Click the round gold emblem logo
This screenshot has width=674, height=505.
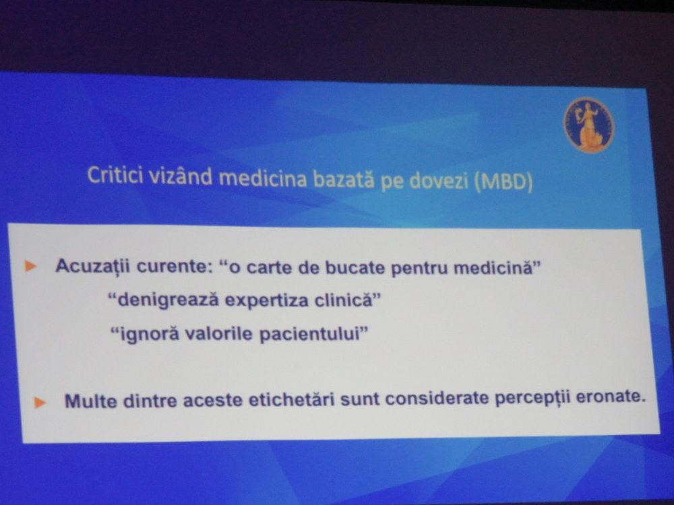click(588, 125)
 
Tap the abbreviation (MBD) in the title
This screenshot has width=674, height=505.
click(503, 181)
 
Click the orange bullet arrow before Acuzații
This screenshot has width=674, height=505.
click(30, 266)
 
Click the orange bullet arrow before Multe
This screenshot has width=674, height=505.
click(40, 403)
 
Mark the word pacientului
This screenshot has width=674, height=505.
click(314, 334)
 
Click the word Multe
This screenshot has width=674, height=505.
click(91, 401)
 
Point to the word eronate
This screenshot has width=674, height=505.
click(611, 397)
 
